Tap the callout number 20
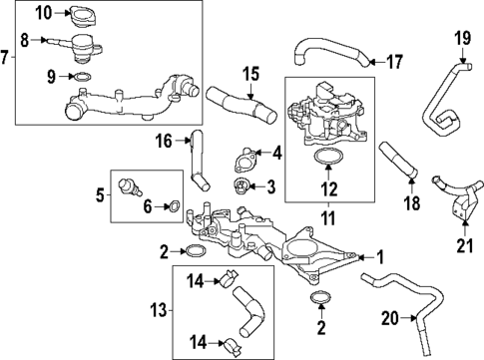pos(389,318)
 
